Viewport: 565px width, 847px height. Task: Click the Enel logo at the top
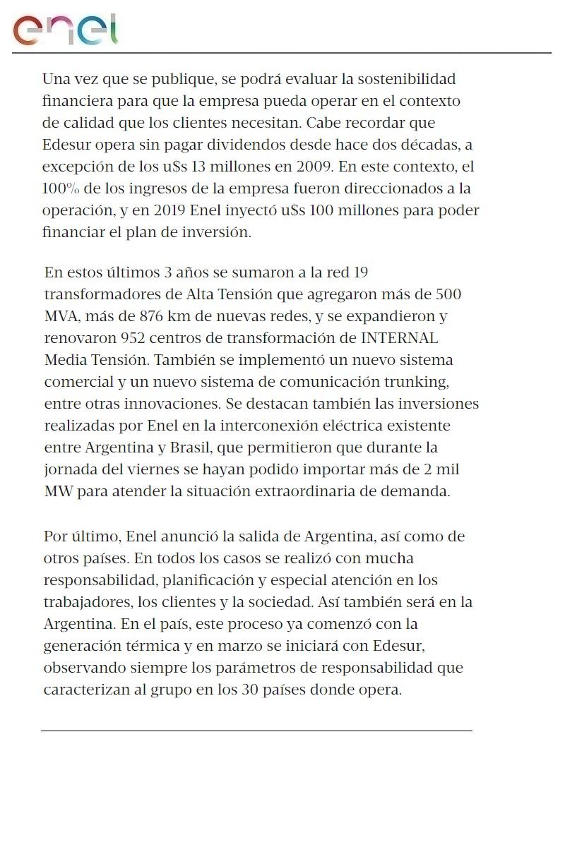(65, 30)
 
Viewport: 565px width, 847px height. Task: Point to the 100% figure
(59, 188)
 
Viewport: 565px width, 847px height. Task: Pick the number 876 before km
(156, 316)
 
